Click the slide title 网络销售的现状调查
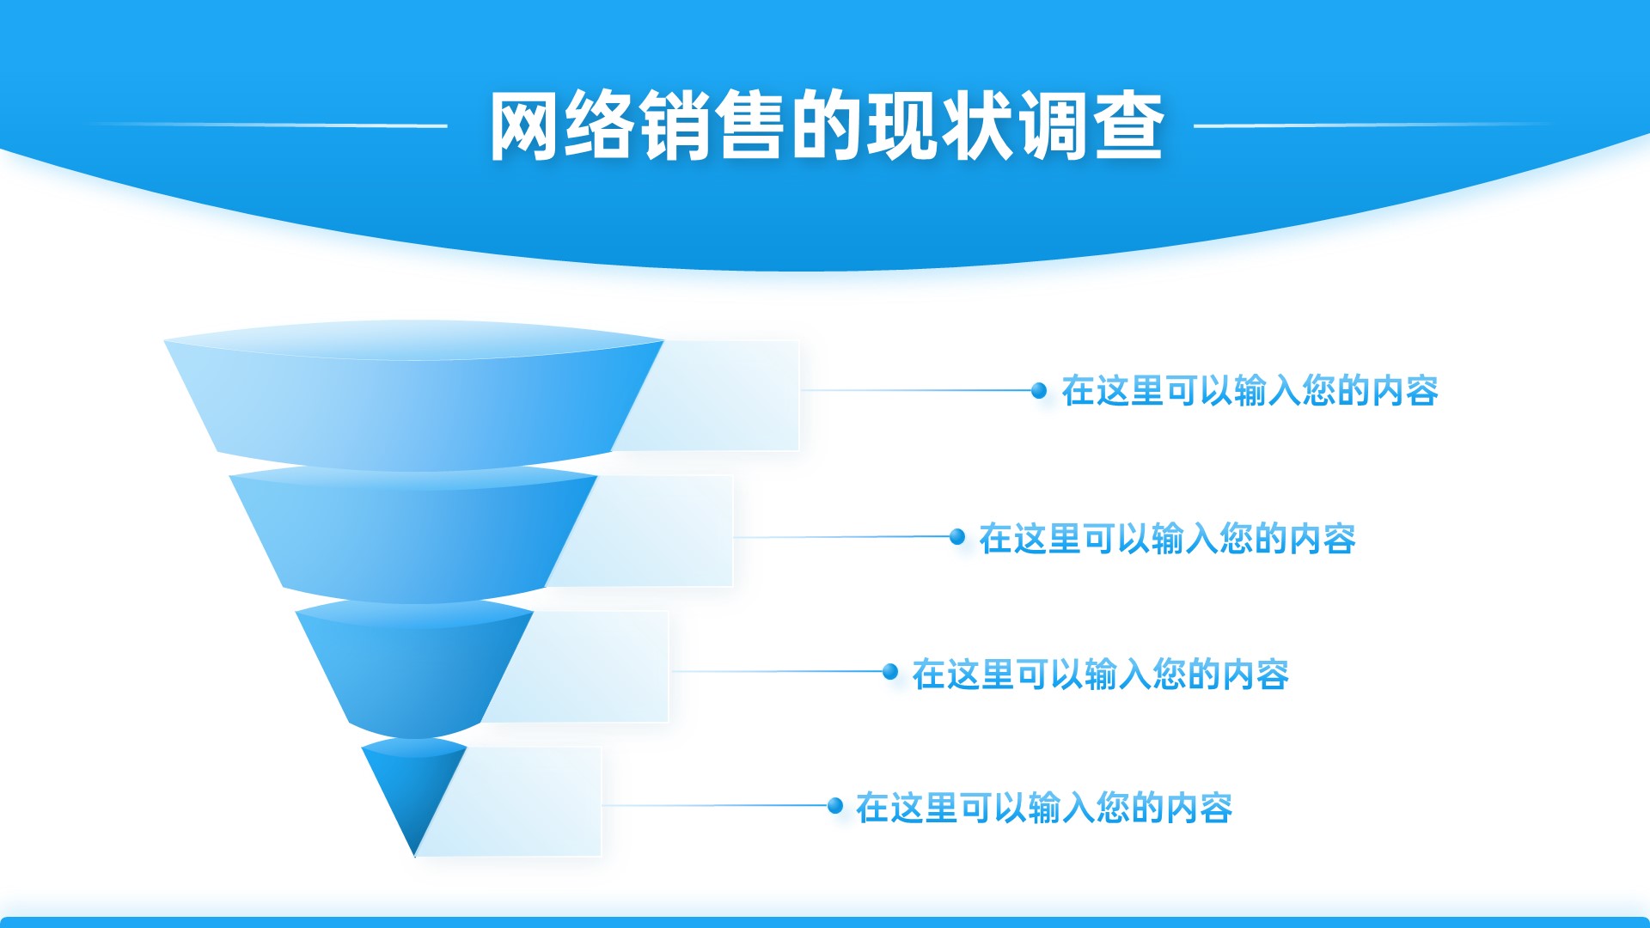click(827, 125)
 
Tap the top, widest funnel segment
click(413, 395)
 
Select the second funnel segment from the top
click(413, 535)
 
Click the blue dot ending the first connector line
click(1039, 390)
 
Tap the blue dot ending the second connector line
click(957, 537)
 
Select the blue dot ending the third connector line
click(890, 671)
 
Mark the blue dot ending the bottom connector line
click(835, 805)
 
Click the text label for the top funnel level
click(1250, 391)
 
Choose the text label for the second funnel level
click(1167, 539)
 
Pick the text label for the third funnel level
click(1100, 675)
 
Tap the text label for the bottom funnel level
click(1044, 808)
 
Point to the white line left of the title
click(266, 125)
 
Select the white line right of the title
click(1375, 125)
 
